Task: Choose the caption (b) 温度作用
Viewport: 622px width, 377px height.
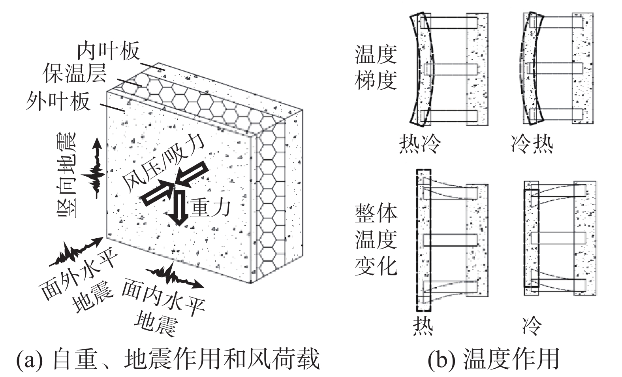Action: (x=494, y=359)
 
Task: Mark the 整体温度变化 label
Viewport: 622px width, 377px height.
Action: (x=376, y=239)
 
